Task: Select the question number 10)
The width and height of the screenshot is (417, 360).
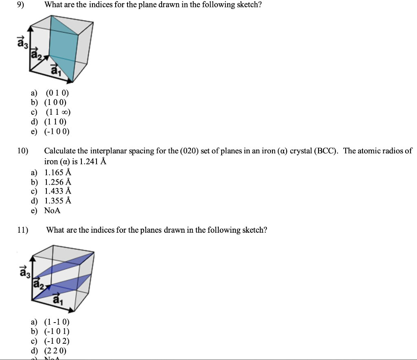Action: click(x=23, y=151)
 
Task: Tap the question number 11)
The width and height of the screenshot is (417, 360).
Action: click(x=23, y=230)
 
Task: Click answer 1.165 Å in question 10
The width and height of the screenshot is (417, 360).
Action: click(x=58, y=172)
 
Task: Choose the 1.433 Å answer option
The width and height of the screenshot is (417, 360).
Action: click(x=58, y=191)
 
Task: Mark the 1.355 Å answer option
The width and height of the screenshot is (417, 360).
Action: click(x=58, y=201)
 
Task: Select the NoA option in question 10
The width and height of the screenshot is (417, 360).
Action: click(x=52, y=210)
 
